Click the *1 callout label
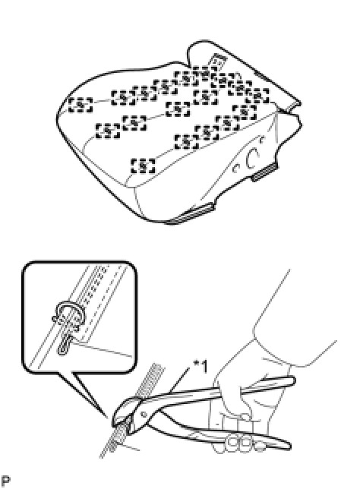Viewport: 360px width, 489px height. coord(201,367)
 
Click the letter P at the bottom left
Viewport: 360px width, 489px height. coord(5,481)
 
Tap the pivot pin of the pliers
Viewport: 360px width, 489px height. coord(144,415)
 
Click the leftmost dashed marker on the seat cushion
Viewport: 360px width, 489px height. coord(81,105)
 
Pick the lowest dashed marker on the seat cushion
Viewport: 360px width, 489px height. coord(143,166)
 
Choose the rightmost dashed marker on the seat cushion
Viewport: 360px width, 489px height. coord(257,96)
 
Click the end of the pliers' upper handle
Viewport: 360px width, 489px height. coord(292,380)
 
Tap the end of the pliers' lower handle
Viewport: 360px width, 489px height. coord(288,445)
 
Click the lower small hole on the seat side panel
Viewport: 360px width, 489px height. coord(236,169)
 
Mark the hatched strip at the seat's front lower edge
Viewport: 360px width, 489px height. coord(189,213)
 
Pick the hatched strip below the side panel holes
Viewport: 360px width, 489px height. coord(265,172)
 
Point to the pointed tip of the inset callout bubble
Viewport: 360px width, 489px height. coord(108,417)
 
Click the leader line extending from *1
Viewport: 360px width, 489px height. coord(179,379)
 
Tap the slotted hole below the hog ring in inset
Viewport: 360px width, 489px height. coord(65,345)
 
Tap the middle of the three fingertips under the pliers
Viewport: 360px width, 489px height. coord(245,443)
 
